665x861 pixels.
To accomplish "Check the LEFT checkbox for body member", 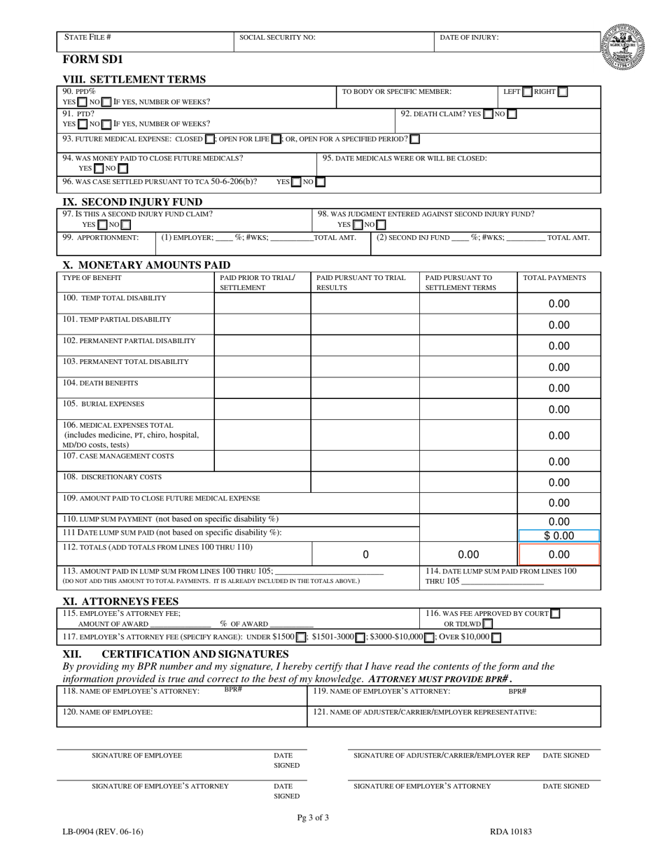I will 528,92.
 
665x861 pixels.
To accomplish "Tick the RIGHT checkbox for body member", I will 563,92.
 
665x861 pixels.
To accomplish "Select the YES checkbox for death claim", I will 488,114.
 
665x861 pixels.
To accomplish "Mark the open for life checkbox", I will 276,139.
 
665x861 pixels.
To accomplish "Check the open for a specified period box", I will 415,139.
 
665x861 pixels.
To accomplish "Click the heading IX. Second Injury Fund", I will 132,202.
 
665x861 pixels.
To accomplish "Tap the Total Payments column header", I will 554,278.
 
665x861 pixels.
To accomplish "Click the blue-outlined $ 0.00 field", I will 559,536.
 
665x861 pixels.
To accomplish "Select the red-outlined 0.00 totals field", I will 559,554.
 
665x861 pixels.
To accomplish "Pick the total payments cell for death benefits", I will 559,388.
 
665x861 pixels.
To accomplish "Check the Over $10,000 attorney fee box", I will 496,638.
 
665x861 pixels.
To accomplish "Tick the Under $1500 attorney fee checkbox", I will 300,638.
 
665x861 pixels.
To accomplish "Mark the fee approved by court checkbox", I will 555,614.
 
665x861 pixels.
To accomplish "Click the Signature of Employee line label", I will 136,756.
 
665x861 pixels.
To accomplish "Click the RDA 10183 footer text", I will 510,832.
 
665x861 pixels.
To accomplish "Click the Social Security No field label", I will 277,38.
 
